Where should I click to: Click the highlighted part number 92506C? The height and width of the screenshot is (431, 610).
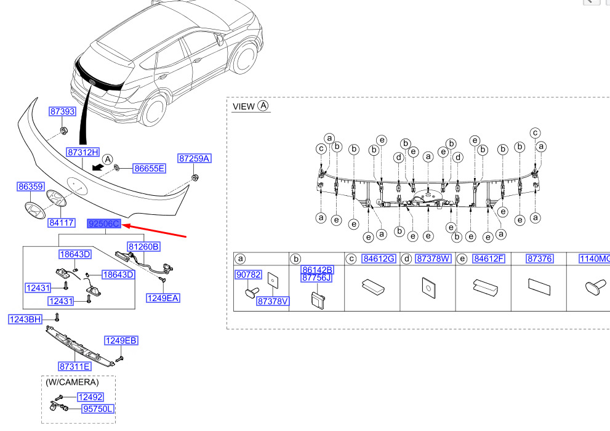[103, 224]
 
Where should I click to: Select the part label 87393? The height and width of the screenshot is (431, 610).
[62, 111]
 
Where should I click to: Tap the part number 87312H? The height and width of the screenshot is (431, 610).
[82, 152]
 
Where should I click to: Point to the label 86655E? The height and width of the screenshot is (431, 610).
[150, 168]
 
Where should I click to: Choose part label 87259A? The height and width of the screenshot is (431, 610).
[195, 158]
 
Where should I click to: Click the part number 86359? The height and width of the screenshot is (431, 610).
[30, 186]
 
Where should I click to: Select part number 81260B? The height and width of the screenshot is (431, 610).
[143, 247]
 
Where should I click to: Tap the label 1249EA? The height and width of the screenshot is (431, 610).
[163, 298]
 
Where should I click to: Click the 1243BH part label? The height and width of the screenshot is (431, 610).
[25, 319]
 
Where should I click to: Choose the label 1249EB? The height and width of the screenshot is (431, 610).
[121, 340]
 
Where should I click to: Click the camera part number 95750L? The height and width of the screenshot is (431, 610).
[98, 409]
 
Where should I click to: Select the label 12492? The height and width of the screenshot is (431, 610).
[90, 397]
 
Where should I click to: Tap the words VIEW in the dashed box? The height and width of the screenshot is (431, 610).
[243, 107]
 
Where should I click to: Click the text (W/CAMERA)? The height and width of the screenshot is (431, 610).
[72, 382]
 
